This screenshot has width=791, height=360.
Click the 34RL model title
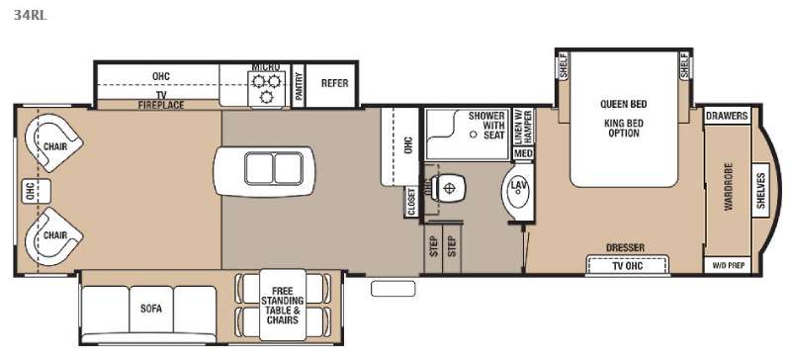tap(31, 15)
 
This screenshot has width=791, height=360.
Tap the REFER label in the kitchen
tap(334, 83)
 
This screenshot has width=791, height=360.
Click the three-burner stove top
tap(267, 88)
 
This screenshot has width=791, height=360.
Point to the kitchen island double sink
tap(274, 168)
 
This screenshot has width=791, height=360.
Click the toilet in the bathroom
tap(447, 188)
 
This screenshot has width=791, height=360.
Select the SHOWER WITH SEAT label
tap(486, 126)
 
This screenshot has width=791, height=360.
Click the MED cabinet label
tap(523, 153)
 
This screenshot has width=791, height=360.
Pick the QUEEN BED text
tap(623, 104)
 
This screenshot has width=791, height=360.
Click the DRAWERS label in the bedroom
tap(727, 116)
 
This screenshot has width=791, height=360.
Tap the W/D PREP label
tap(727, 265)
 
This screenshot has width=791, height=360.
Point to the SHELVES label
tap(760, 190)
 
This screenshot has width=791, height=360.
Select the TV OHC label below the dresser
tap(627, 266)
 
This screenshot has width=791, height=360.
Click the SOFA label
tap(151, 309)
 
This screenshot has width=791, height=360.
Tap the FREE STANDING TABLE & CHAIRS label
tap(283, 306)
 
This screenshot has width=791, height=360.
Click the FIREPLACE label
tap(161, 105)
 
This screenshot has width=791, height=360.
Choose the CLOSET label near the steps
tap(410, 202)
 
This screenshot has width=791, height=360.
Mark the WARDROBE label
tap(728, 187)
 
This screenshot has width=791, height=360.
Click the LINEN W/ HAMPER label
tap(523, 127)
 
